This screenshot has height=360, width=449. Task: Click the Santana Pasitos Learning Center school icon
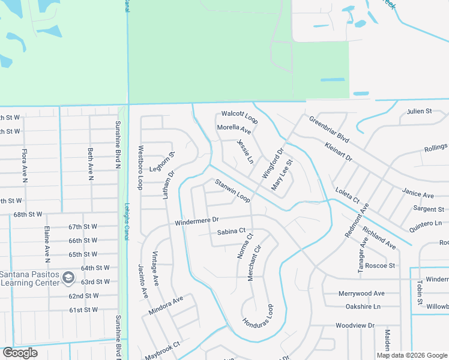pos(68,277)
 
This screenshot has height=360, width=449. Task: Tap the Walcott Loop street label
pos(240,116)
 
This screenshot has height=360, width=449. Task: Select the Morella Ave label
pos(234,129)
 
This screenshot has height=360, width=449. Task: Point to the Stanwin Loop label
pos(232,190)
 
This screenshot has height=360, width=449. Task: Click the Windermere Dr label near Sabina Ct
pos(197,221)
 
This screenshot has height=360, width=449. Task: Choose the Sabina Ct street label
pos(232,231)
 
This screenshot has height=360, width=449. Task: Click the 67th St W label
pos(83,227)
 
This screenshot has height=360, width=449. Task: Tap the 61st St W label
pos(83,310)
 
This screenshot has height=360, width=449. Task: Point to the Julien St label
pos(419,112)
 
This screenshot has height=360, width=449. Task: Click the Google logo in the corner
pos(20,353)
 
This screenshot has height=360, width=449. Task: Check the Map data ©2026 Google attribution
pos(412,355)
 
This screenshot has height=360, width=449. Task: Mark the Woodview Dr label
pos(354,325)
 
